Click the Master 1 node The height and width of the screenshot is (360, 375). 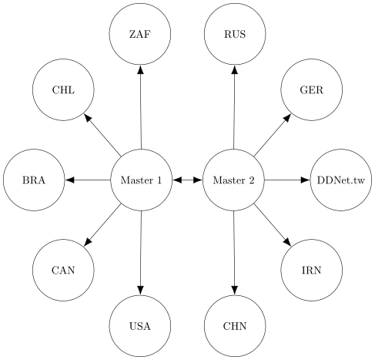pos(141,180)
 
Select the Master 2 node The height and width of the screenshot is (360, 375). pos(233,180)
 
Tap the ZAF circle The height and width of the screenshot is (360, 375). pos(140,34)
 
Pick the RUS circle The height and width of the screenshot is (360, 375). pos(235,34)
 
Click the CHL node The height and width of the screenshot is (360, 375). pos(63,89)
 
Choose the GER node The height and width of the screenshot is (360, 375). pos(312,89)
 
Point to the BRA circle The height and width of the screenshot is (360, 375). pos(34,180)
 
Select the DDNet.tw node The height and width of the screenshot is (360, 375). pos(341,180)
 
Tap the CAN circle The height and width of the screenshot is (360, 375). pos(63,270)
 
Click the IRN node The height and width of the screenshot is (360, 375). pos(312,270)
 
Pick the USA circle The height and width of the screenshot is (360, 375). pos(140,326)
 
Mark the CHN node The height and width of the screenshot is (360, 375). pos(235,326)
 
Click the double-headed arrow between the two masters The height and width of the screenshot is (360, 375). pos(187,180)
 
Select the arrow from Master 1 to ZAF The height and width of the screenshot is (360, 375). pos(141,107)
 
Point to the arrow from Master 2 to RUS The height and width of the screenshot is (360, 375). pos(234,107)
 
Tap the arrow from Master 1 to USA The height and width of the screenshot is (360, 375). pos(141,253)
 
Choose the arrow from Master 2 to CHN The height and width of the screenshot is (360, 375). pos(234,253)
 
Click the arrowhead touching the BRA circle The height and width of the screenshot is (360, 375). pos(70,180)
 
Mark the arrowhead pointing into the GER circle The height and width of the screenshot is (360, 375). pos(287,118)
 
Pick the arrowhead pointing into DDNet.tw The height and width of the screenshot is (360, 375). pos(305,180)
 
